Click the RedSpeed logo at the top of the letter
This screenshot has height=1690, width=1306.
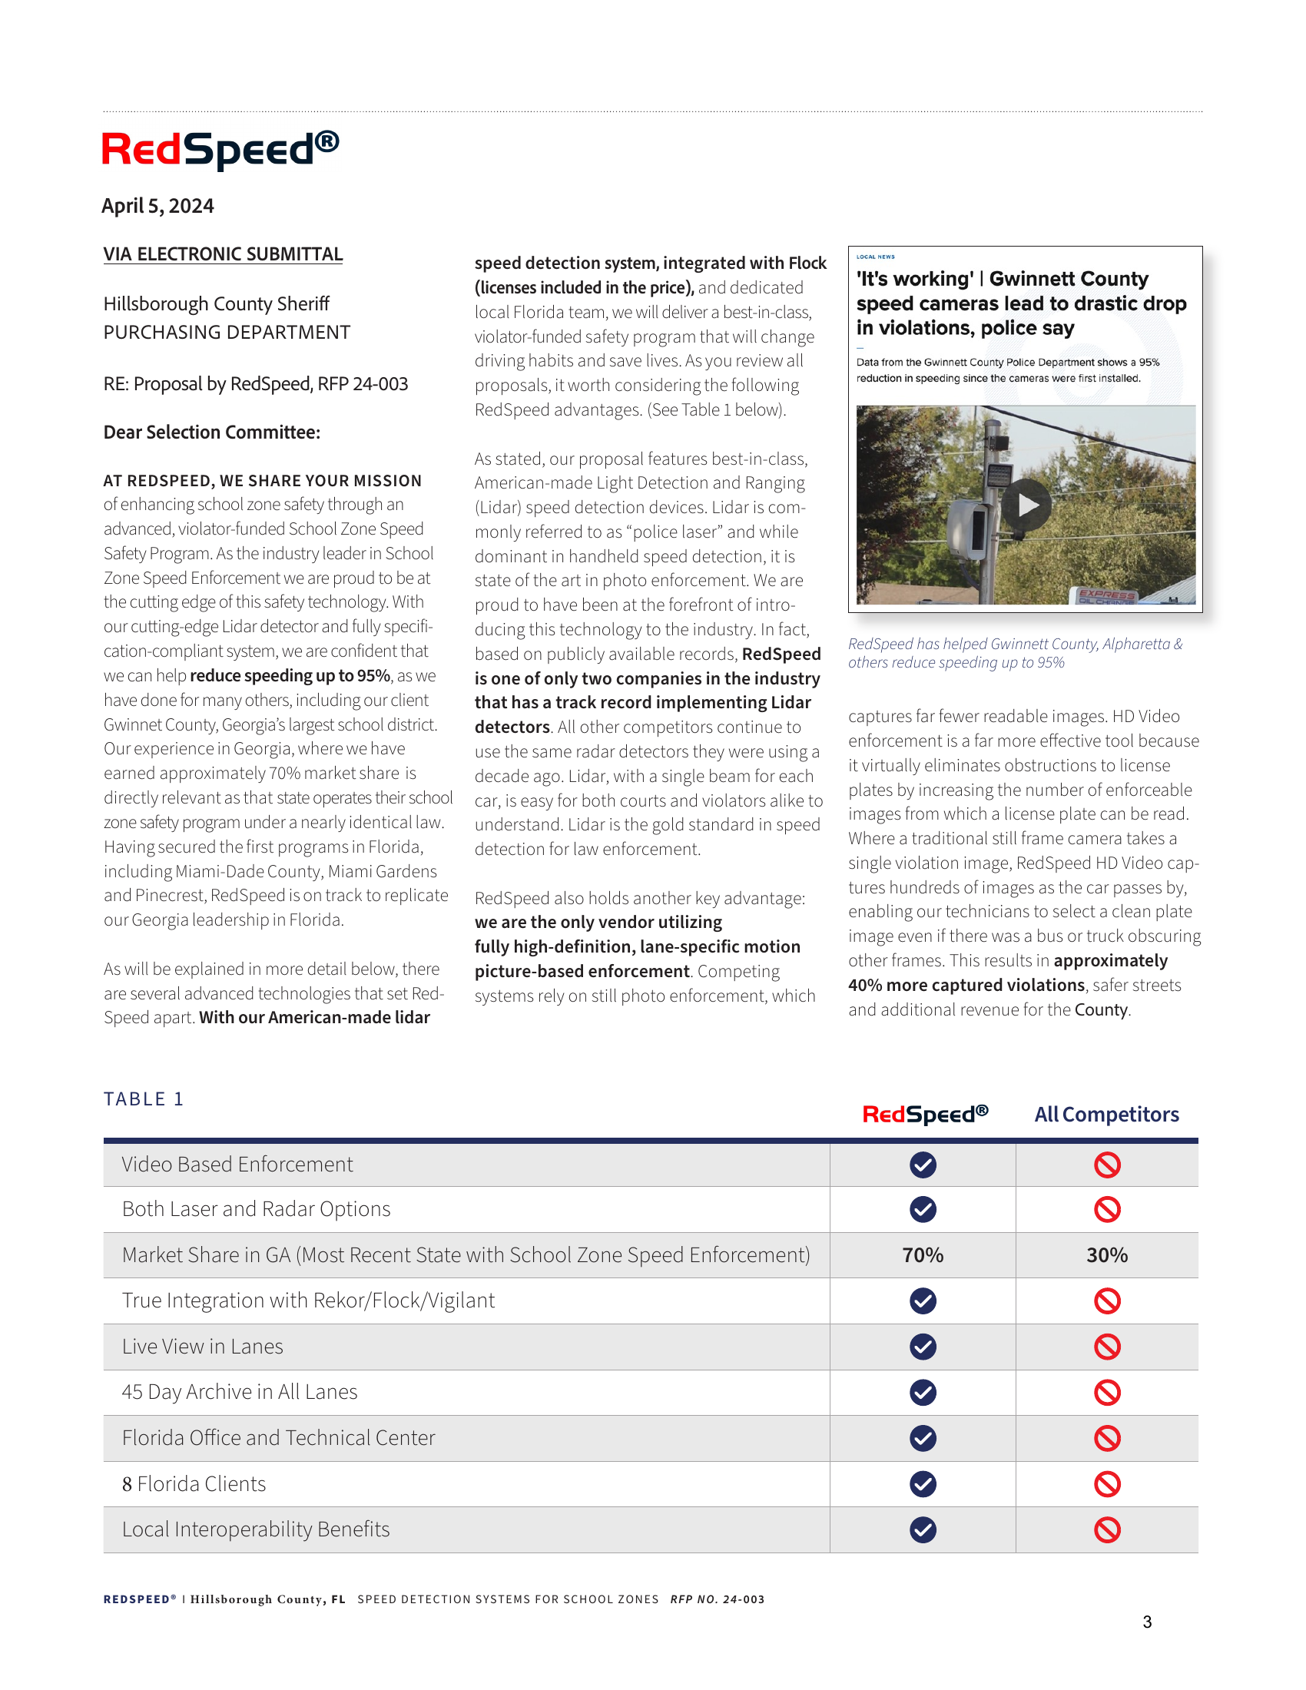point(220,149)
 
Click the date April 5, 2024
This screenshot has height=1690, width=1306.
point(157,206)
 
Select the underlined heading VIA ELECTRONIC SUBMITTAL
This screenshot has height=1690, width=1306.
point(223,254)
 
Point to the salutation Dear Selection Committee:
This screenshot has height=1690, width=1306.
point(212,432)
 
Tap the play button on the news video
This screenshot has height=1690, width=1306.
point(1026,505)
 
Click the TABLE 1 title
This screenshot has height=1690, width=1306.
point(143,1098)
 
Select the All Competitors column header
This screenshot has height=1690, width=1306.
point(1106,1115)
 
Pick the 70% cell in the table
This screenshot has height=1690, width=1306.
point(923,1255)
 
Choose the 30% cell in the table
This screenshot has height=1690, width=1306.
point(1107,1255)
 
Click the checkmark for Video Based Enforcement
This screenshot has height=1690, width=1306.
point(923,1165)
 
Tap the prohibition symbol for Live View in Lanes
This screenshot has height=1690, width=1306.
point(1107,1347)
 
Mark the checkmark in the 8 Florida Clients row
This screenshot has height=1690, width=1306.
point(923,1484)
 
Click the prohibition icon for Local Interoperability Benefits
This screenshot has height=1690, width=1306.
point(1107,1529)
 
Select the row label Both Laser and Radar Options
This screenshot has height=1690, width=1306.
point(256,1209)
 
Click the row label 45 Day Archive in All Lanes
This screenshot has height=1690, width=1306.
point(240,1392)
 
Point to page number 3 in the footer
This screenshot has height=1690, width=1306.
point(1147,1622)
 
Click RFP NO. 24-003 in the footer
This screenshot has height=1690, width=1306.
point(718,1599)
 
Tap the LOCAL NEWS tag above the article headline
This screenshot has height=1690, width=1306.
point(875,257)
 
